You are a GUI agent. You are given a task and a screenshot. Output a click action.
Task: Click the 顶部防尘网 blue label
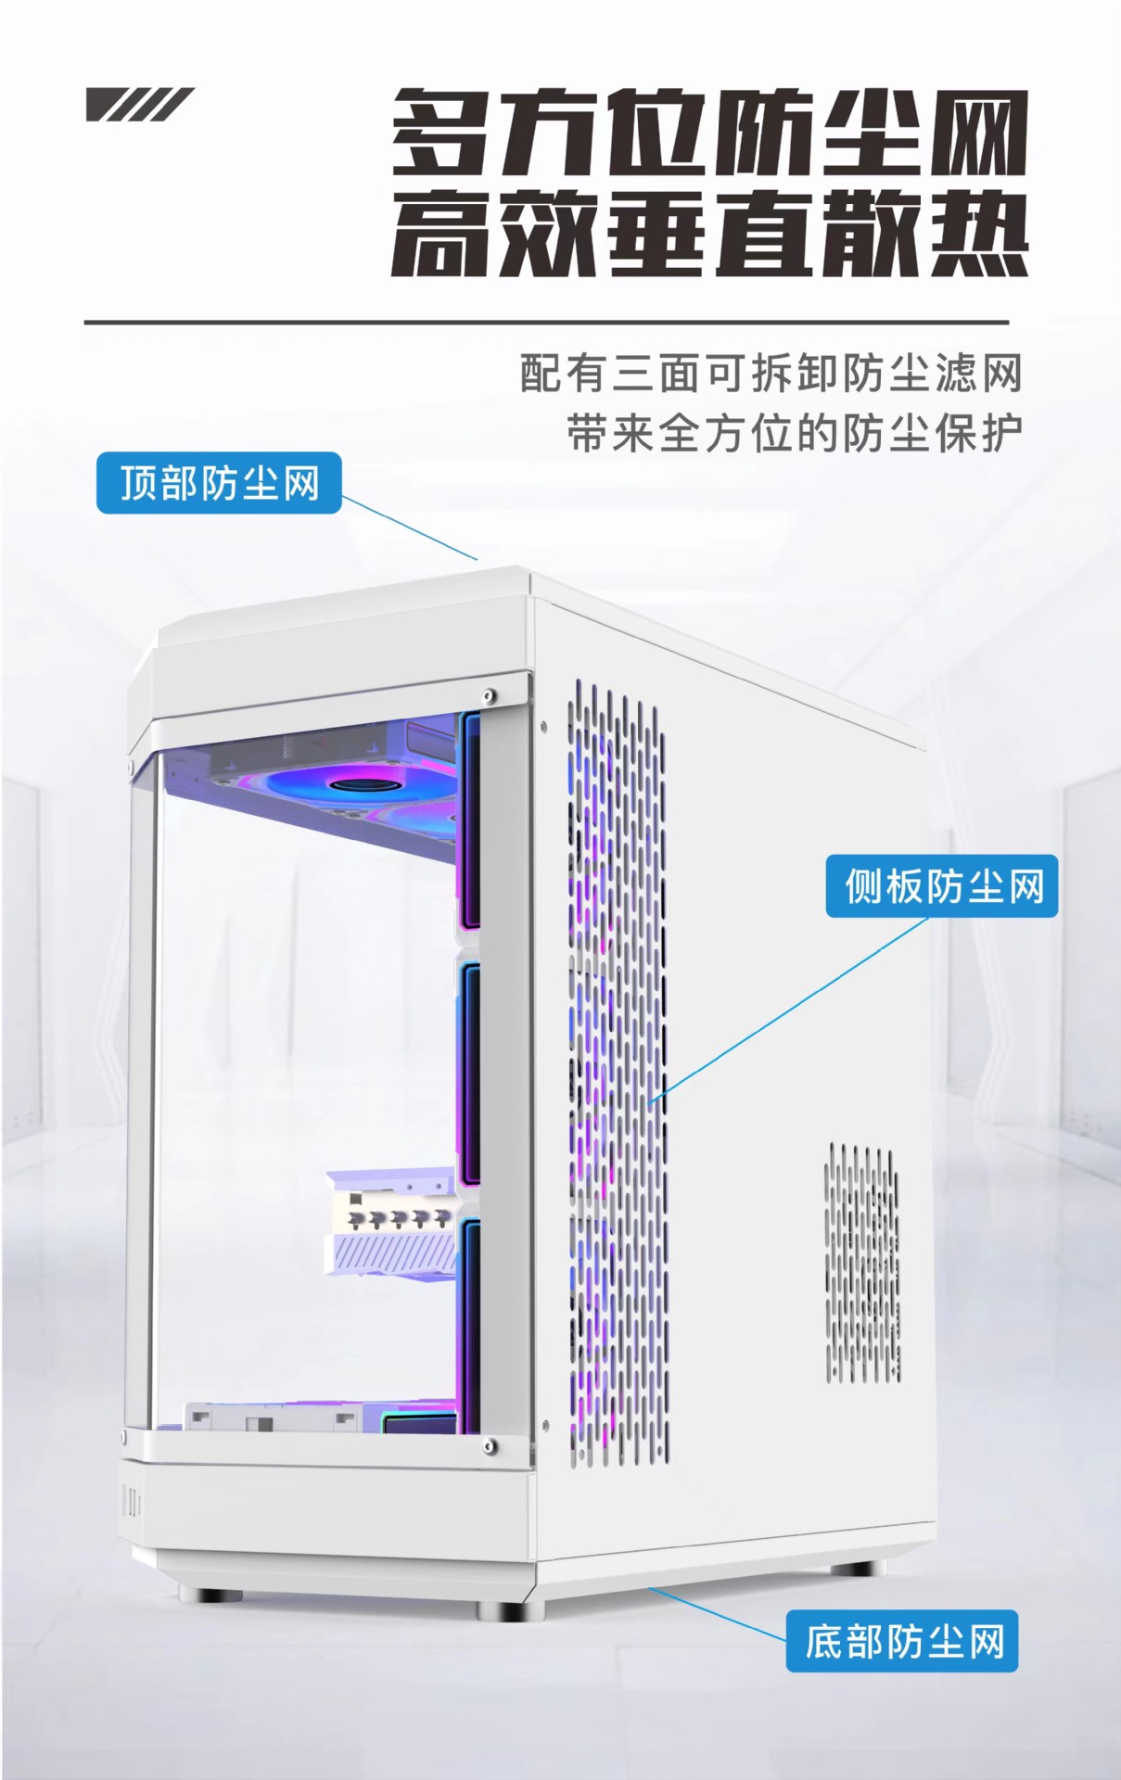219,483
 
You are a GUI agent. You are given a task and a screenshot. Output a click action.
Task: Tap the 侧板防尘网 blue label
942,886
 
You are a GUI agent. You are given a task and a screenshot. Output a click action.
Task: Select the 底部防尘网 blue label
902,1642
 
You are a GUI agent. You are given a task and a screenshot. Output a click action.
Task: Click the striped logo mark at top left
139,105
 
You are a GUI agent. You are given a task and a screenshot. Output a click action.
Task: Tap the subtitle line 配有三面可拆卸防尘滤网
771,374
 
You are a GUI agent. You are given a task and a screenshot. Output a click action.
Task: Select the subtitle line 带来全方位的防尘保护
795,433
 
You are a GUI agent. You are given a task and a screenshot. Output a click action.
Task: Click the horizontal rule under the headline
546,323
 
